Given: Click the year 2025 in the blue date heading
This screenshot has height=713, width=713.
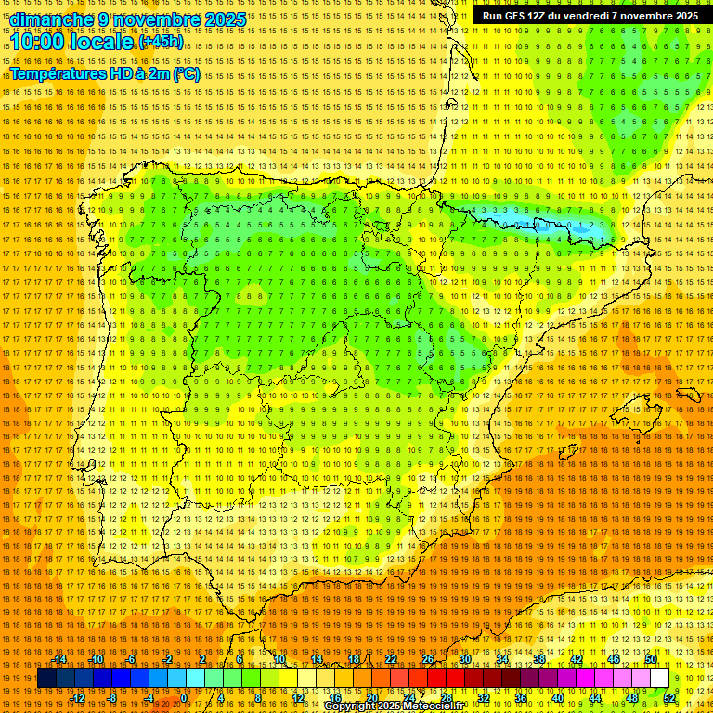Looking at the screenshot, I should point(223,19).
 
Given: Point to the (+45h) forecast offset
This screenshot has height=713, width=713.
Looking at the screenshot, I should point(162,42).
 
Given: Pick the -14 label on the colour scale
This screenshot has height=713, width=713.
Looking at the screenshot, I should point(59,659).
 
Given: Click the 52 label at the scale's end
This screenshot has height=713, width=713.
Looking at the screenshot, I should point(669,698).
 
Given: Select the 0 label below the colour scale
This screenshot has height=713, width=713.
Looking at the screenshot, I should point(185,698).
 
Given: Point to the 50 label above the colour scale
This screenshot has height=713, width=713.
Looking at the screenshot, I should point(651,659).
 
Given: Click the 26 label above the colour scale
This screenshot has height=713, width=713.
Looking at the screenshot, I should point(428,659).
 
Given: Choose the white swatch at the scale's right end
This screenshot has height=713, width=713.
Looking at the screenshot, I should point(659,679).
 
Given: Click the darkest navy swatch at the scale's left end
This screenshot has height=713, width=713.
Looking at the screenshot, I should point(46,679).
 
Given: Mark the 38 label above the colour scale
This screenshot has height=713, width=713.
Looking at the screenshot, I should point(539,659).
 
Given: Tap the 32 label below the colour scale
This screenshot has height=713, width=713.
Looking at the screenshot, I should point(484,698).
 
